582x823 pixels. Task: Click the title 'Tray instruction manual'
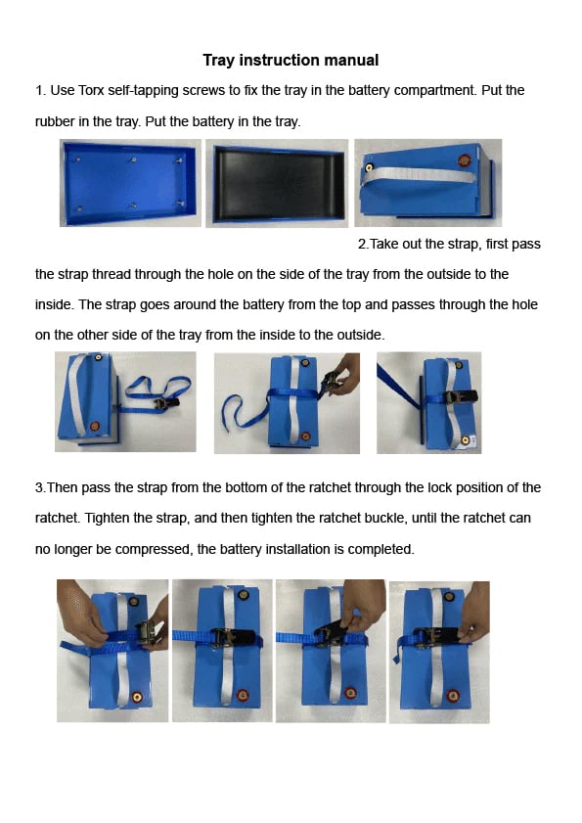(x=291, y=61)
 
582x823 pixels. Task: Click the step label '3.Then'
(x=57, y=487)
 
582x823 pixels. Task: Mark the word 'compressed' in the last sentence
(x=159, y=549)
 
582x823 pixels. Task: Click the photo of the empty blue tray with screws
(x=130, y=182)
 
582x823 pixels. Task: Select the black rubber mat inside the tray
(x=277, y=184)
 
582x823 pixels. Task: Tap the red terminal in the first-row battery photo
(x=464, y=159)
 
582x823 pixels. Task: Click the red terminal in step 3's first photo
(x=136, y=698)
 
